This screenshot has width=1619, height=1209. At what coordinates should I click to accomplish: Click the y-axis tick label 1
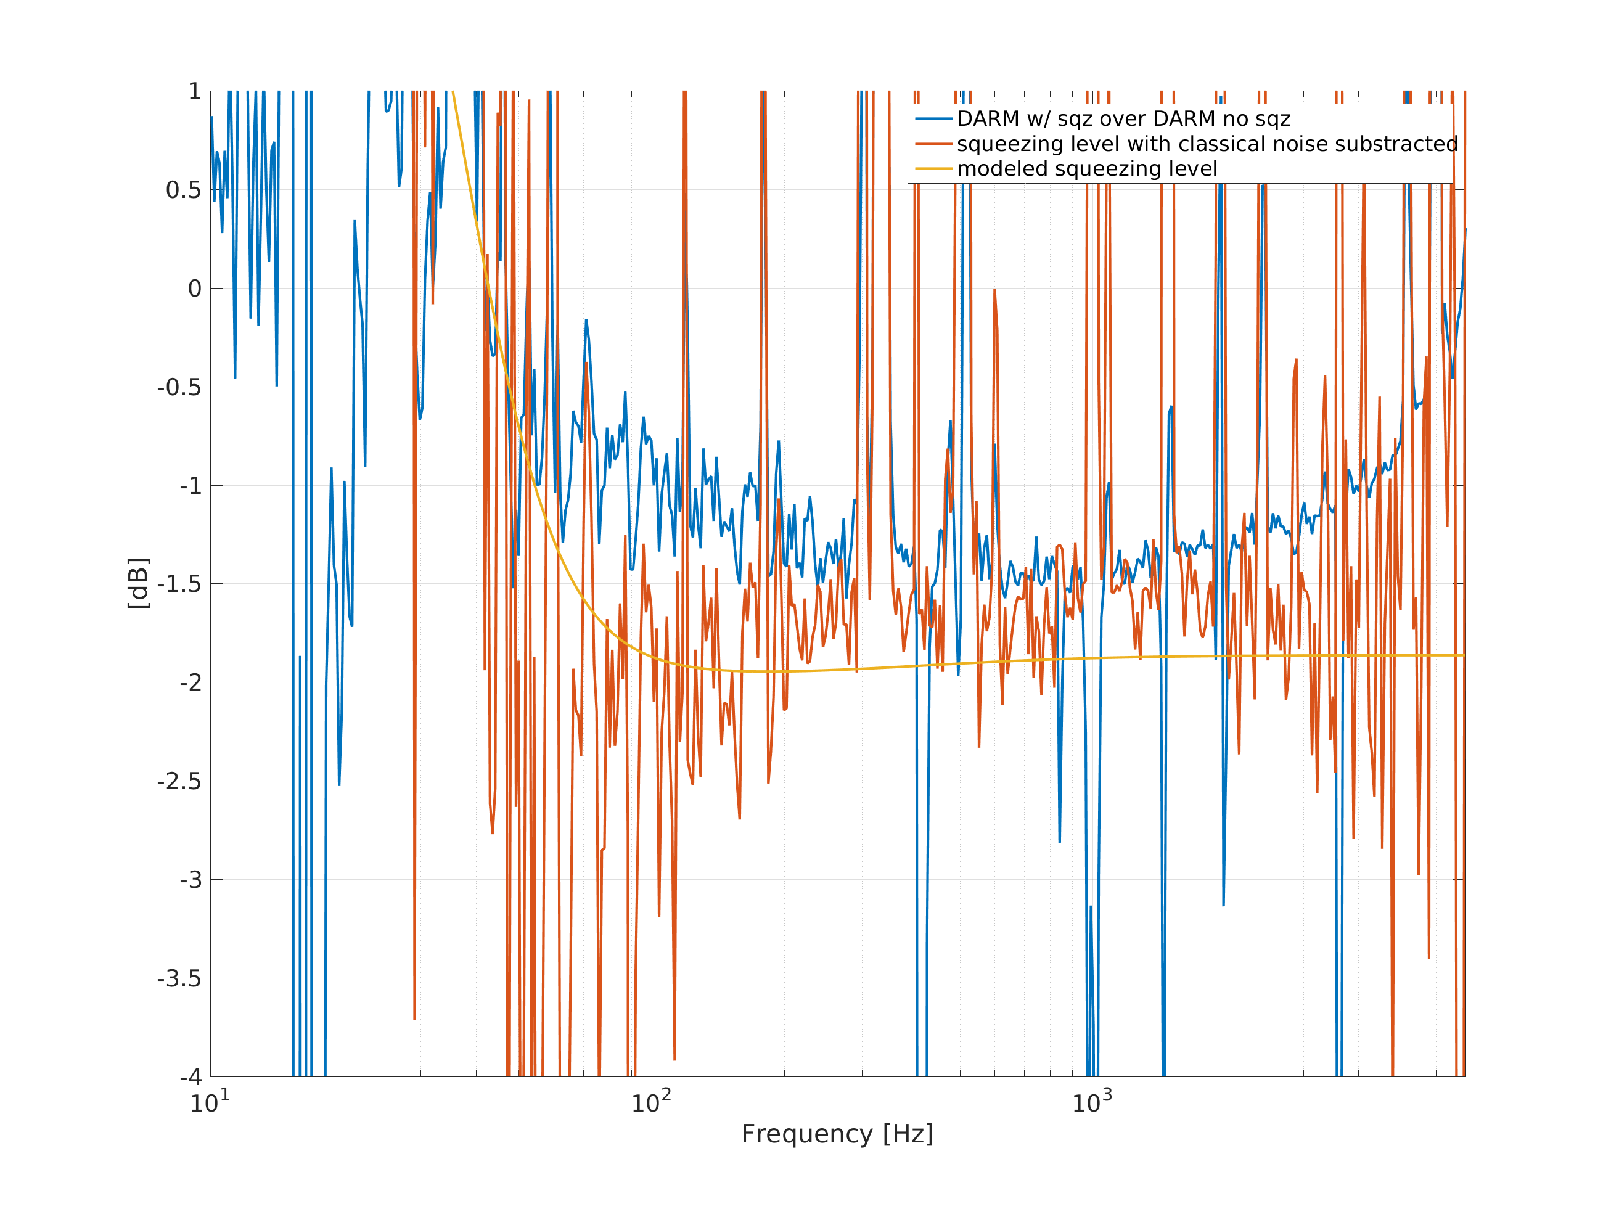(195, 91)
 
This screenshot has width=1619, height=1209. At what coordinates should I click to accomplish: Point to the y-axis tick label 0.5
(183, 191)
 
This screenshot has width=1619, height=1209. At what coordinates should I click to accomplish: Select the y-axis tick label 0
(195, 289)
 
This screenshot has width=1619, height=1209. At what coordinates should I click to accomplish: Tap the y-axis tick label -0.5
(179, 387)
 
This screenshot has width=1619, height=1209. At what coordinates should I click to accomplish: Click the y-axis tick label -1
(191, 486)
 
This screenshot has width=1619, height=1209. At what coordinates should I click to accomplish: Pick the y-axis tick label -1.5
(179, 584)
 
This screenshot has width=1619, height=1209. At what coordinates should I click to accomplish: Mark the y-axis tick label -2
(191, 683)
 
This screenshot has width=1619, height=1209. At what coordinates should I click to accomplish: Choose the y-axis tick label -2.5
(179, 782)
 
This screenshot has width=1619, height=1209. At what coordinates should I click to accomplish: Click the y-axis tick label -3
(191, 880)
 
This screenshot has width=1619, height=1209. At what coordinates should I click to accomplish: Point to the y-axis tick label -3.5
(179, 978)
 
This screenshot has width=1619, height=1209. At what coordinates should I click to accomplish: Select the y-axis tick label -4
(191, 1077)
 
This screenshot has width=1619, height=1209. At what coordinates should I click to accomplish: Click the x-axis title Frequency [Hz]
(837, 1134)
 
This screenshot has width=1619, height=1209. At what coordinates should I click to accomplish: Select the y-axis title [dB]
(138, 583)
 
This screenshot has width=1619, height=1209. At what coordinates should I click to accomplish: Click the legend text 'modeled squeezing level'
(1087, 169)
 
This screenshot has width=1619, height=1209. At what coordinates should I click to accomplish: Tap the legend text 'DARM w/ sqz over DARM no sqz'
(1123, 118)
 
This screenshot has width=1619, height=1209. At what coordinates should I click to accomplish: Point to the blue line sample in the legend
(933, 118)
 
